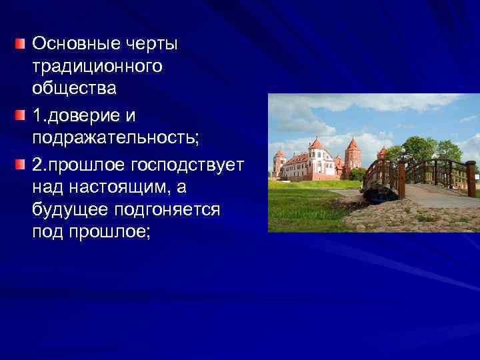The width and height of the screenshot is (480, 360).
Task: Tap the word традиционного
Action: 97,67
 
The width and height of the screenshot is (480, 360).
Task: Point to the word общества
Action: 74,89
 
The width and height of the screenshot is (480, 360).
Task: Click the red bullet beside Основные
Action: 21,45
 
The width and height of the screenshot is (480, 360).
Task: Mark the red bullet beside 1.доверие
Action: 21,115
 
